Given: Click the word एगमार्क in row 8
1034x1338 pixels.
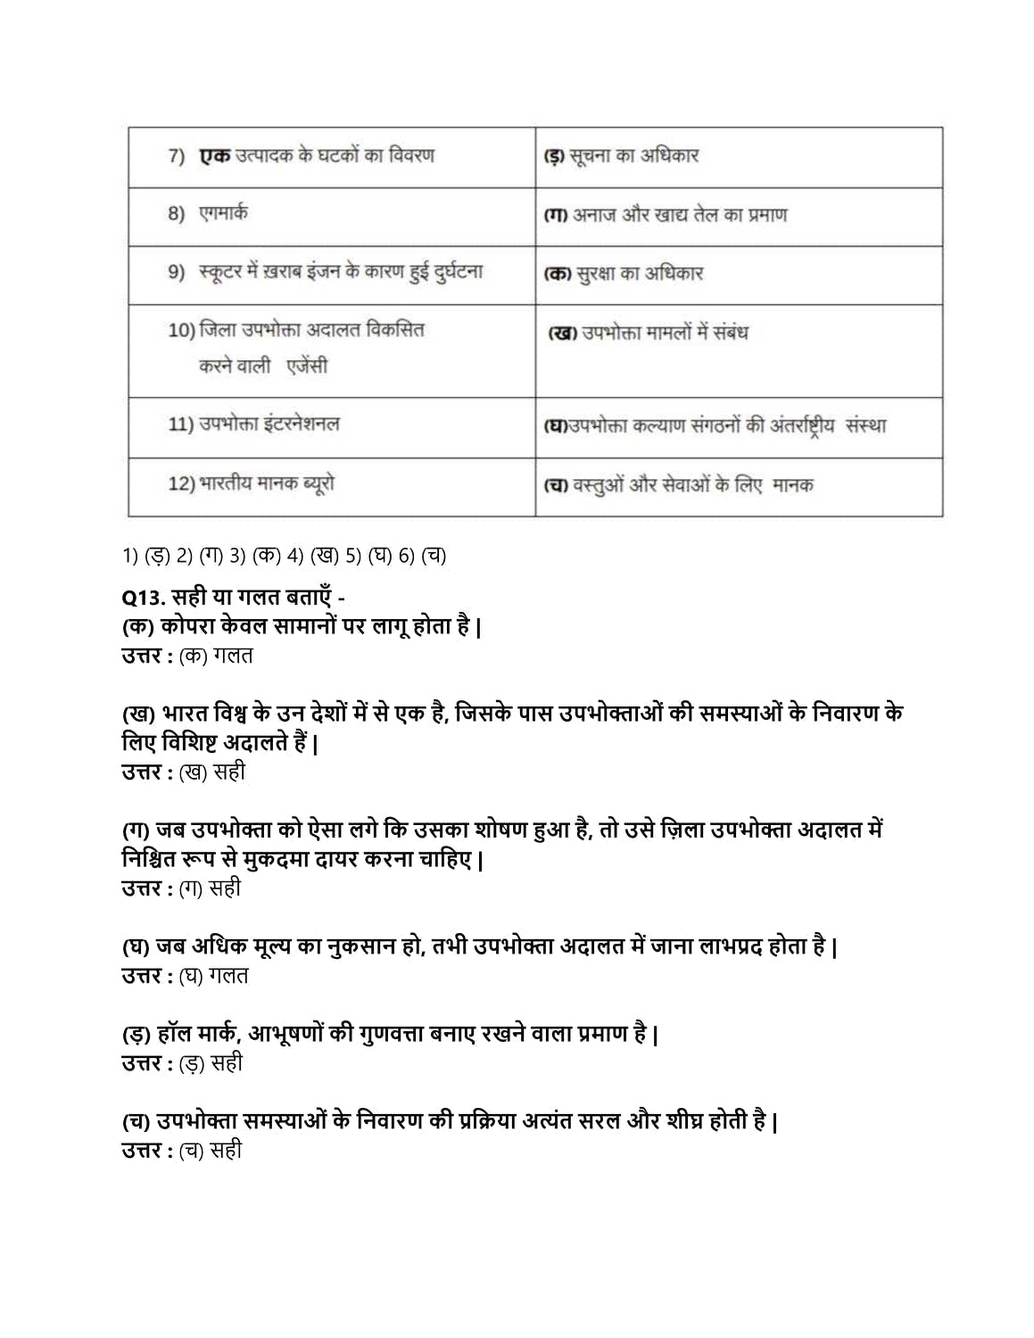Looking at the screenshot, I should pyautogui.click(x=223, y=213).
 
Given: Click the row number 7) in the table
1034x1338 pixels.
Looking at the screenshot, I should pyautogui.click(x=177, y=156).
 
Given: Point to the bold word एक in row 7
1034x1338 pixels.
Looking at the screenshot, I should pyautogui.click(x=214, y=156).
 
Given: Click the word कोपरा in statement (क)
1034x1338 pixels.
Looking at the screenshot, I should pyautogui.click(x=186, y=626).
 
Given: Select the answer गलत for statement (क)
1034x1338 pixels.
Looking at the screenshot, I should pyautogui.click(x=233, y=656).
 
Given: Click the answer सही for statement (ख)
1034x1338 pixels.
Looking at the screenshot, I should pyautogui.click(x=229, y=772).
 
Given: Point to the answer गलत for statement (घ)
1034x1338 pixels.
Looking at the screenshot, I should pyautogui.click(x=228, y=976).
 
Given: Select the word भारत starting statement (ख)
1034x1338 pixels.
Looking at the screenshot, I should pyautogui.click(x=185, y=714).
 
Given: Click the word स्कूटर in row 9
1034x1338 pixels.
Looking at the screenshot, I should pyautogui.click(x=220, y=272).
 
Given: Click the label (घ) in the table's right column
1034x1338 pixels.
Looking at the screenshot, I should pyautogui.click(x=555, y=426).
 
